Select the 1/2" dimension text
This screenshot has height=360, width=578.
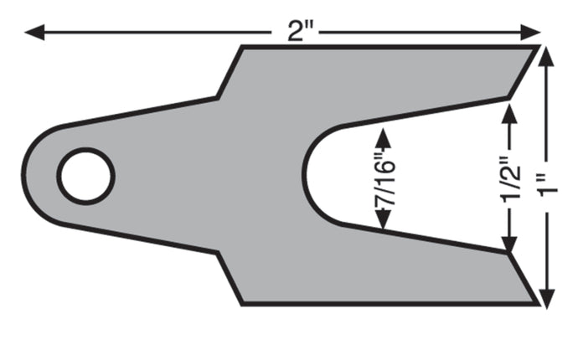(505, 177)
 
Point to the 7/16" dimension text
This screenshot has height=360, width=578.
(384, 178)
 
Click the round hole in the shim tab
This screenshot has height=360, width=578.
(85, 175)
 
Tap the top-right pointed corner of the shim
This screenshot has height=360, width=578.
(535, 48)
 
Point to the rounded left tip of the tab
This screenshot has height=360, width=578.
(24, 175)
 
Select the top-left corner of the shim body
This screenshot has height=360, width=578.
(242, 48)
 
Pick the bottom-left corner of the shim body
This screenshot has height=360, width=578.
(242, 303)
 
